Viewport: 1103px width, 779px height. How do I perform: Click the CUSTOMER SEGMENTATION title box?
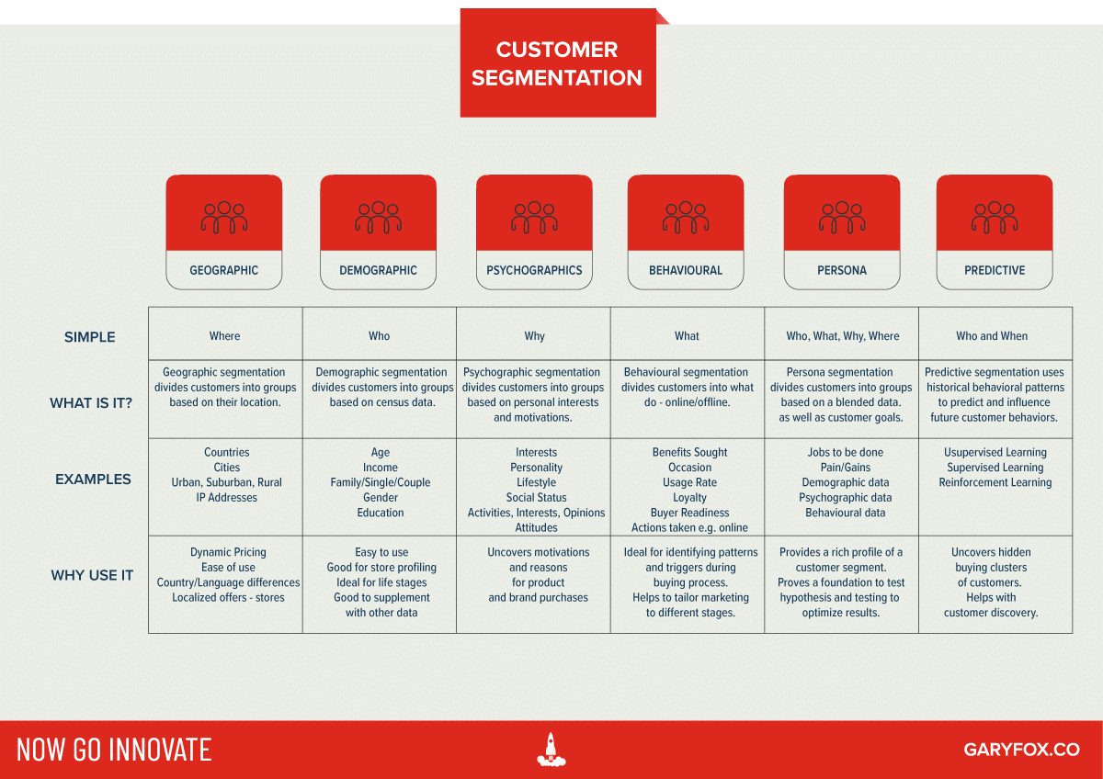pyautogui.click(x=558, y=63)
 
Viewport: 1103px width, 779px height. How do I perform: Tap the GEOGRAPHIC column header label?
pyautogui.click(x=224, y=270)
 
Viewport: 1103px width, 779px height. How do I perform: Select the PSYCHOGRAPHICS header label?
pyautogui.click(x=534, y=270)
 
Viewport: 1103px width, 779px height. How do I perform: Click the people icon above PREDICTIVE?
pyautogui.click(x=995, y=218)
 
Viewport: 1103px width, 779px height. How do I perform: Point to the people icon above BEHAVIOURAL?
pyautogui.click(x=686, y=218)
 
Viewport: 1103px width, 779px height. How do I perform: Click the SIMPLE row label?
pyautogui.click(x=90, y=337)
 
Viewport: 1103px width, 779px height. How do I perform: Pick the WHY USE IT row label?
pyautogui.click(x=92, y=575)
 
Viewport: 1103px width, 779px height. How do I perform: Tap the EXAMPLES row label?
pyautogui.click(x=93, y=479)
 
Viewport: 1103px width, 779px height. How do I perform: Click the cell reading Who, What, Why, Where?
pyautogui.click(x=843, y=336)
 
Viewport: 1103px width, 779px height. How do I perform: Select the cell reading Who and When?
pyautogui.click(x=992, y=336)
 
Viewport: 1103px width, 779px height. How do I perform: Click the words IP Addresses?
pyautogui.click(x=227, y=497)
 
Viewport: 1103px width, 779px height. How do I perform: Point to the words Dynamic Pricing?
pyautogui.click(x=228, y=552)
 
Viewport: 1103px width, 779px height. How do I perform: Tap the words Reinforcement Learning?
pyautogui.click(x=995, y=482)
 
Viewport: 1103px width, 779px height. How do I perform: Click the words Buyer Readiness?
pyautogui.click(x=689, y=513)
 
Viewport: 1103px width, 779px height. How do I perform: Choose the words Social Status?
pyautogui.click(x=537, y=497)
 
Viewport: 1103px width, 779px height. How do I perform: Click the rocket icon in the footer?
pyautogui.click(x=551, y=749)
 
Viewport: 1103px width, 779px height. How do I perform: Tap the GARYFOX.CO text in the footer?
pyautogui.click(x=1021, y=750)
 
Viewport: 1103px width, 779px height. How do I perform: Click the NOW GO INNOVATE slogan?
pyautogui.click(x=114, y=750)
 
